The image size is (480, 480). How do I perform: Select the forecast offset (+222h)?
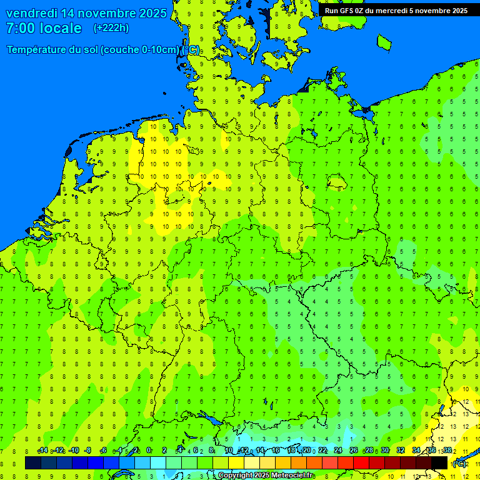[x=111, y=28]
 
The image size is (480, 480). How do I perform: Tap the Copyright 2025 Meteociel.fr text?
[x=266, y=476]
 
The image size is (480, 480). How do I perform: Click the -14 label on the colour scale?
[x=42, y=451]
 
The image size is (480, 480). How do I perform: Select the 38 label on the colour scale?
[x=447, y=451]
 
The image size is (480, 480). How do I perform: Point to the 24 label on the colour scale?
[x=338, y=451]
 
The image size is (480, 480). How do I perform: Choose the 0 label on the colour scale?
[x=149, y=451]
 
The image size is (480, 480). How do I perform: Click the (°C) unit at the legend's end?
[x=459, y=464]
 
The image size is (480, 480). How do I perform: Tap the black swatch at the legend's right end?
[x=439, y=463]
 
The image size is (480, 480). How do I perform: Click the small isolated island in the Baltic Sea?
[x=384, y=42]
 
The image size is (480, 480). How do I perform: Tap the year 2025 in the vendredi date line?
[x=152, y=13]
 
